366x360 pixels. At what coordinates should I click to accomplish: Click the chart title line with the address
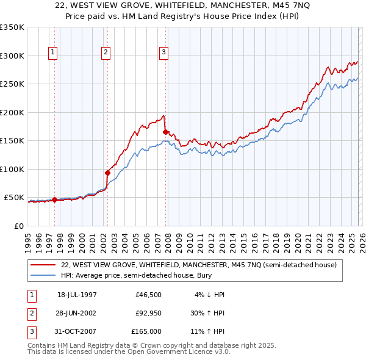[x=182, y=6]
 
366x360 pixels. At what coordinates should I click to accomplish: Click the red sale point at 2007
[x=165, y=131]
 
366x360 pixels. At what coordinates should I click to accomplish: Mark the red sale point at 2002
[x=107, y=173]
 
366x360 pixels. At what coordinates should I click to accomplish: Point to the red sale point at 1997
[x=54, y=200]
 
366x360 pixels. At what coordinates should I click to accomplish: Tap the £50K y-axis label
[x=14, y=198]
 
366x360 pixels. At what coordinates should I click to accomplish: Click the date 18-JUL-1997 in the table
[x=77, y=294]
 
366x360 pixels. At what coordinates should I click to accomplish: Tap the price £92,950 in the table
[x=146, y=313]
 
